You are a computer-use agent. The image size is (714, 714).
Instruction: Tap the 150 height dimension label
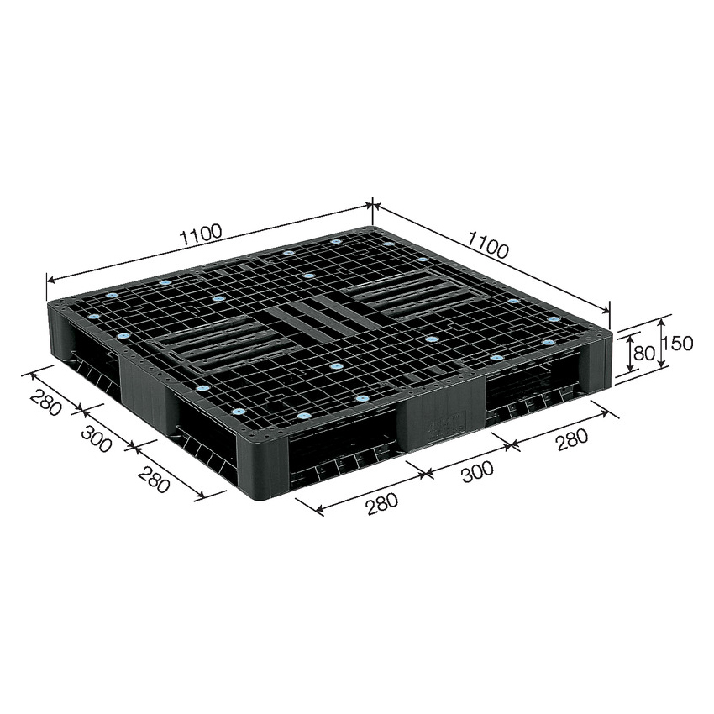(x=678, y=344)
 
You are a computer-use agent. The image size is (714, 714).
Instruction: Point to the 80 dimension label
(x=644, y=352)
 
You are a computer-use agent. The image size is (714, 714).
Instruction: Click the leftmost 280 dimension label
(x=45, y=402)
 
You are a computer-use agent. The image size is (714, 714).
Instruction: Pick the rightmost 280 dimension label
(x=571, y=440)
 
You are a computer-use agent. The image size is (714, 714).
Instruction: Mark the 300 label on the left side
(x=96, y=438)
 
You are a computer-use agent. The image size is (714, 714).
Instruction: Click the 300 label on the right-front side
(x=477, y=472)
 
